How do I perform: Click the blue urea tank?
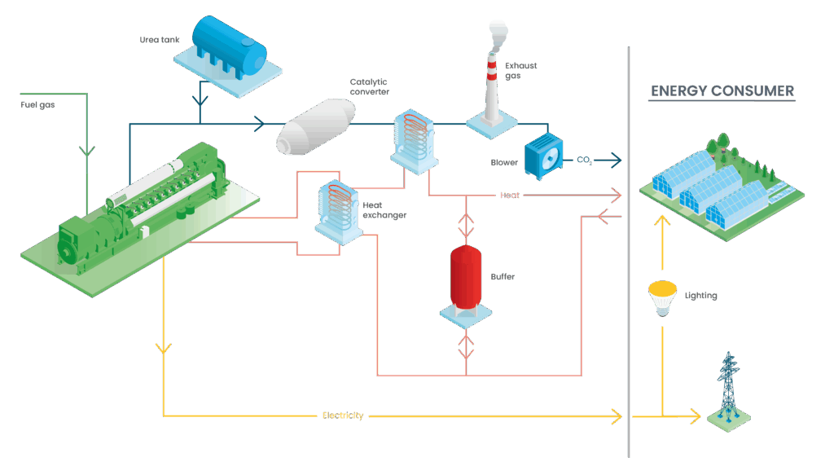pyautogui.click(x=229, y=42)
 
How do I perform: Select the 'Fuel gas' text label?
pyautogui.click(x=37, y=105)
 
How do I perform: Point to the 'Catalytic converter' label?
pyautogui.click(x=369, y=86)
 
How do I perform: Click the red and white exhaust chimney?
pyautogui.click(x=493, y=90)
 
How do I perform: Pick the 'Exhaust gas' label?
pyautogui.click(x=521, y=70)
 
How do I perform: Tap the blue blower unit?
pyautogui.click(x=543, y=155)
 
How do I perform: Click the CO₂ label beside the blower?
pyautogui.click(x=584, y=160)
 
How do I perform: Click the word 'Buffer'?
pyautogui.click(x=503, y=277)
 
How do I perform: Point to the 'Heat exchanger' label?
pyautogui.click(x=384, y=210)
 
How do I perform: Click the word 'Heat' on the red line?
pyautogui.click(x=510, y=196)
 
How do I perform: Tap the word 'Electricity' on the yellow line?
pyautogui.click(x=342, y=416)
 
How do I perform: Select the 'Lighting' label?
pyautogui.click(x=700, y=296)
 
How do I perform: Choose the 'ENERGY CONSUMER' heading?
pyautogui.click(x=722, y=90)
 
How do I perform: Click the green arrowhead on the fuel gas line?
pyautogui.click(x=86, y=152)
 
